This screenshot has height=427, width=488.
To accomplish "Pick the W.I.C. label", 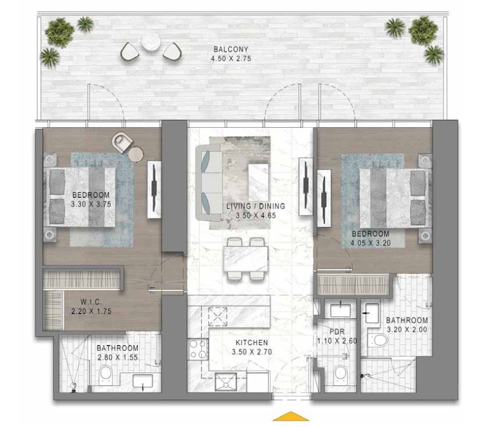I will point(90,302).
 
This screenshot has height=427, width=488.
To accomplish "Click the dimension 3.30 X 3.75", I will point(90,203).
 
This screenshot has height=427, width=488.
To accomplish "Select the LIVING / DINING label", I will point(247,206).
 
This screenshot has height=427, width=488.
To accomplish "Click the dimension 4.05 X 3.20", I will point(370,243).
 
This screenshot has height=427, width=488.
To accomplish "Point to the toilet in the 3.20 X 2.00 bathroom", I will point(379,341).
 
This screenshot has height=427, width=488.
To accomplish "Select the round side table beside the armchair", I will point(136,154).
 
